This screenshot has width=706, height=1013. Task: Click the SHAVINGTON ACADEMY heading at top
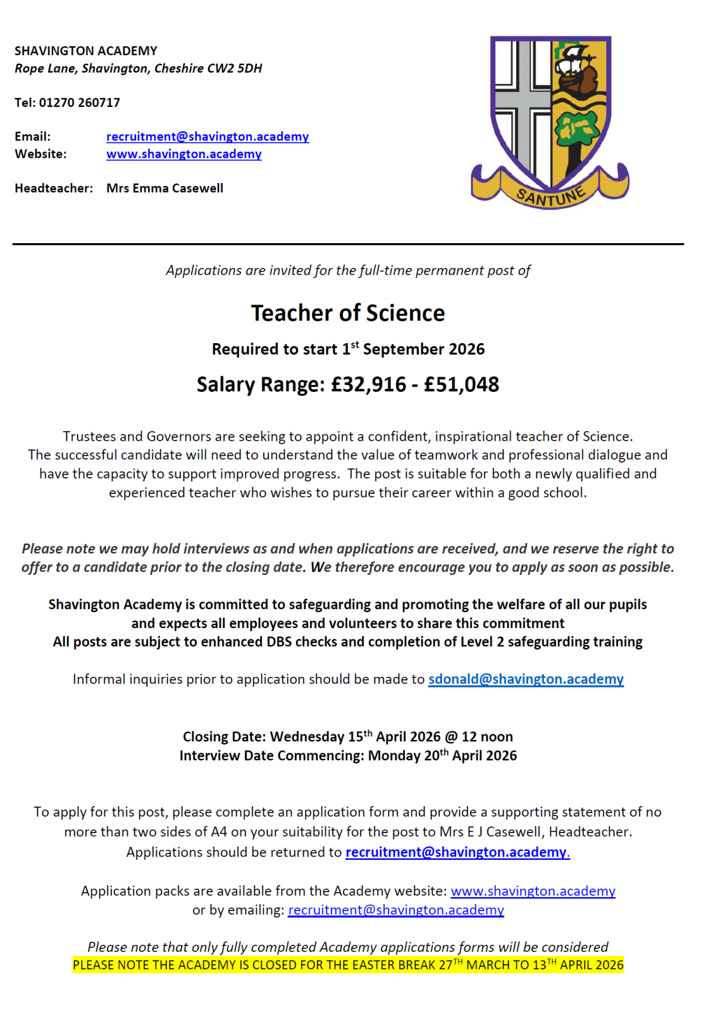86,51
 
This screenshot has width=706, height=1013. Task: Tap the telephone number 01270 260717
80,103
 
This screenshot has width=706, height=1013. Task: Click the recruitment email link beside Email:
207,137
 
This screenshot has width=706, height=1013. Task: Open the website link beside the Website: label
183,154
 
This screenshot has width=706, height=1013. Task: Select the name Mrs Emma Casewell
164,188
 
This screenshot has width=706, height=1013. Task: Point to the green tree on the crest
576,130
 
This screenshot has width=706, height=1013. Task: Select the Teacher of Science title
348,313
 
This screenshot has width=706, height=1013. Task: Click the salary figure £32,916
369,384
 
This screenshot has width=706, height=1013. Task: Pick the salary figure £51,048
461,384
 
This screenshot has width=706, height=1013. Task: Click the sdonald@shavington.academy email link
526,679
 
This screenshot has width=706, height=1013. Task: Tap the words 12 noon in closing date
487,737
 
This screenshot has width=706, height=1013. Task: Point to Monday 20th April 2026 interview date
442,756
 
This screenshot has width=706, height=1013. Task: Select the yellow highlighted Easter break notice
348,965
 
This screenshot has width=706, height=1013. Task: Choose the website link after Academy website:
533,891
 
